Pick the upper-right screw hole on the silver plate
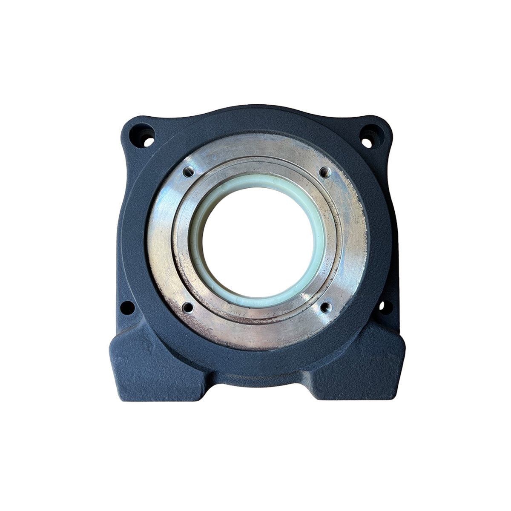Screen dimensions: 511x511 tap(325, 172)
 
